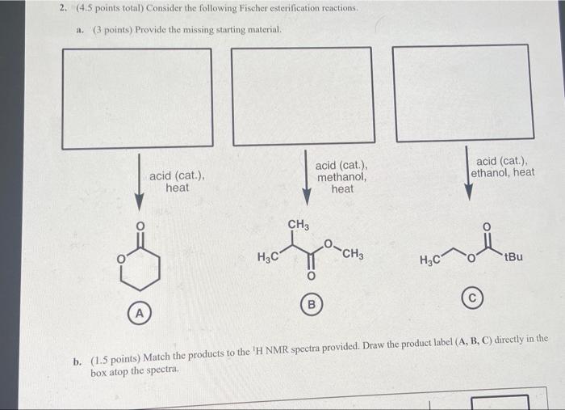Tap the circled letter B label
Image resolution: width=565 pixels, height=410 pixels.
(310, 306)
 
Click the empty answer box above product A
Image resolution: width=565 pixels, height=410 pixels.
(137, 98)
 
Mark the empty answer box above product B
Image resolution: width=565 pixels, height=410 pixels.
(303, 95)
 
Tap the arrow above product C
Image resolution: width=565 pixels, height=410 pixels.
(467, 171)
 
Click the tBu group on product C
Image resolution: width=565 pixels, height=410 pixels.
(513, 257)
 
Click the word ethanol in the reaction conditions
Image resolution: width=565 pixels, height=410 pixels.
(491, 172)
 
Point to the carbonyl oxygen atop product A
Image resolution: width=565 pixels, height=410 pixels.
(139, 226)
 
